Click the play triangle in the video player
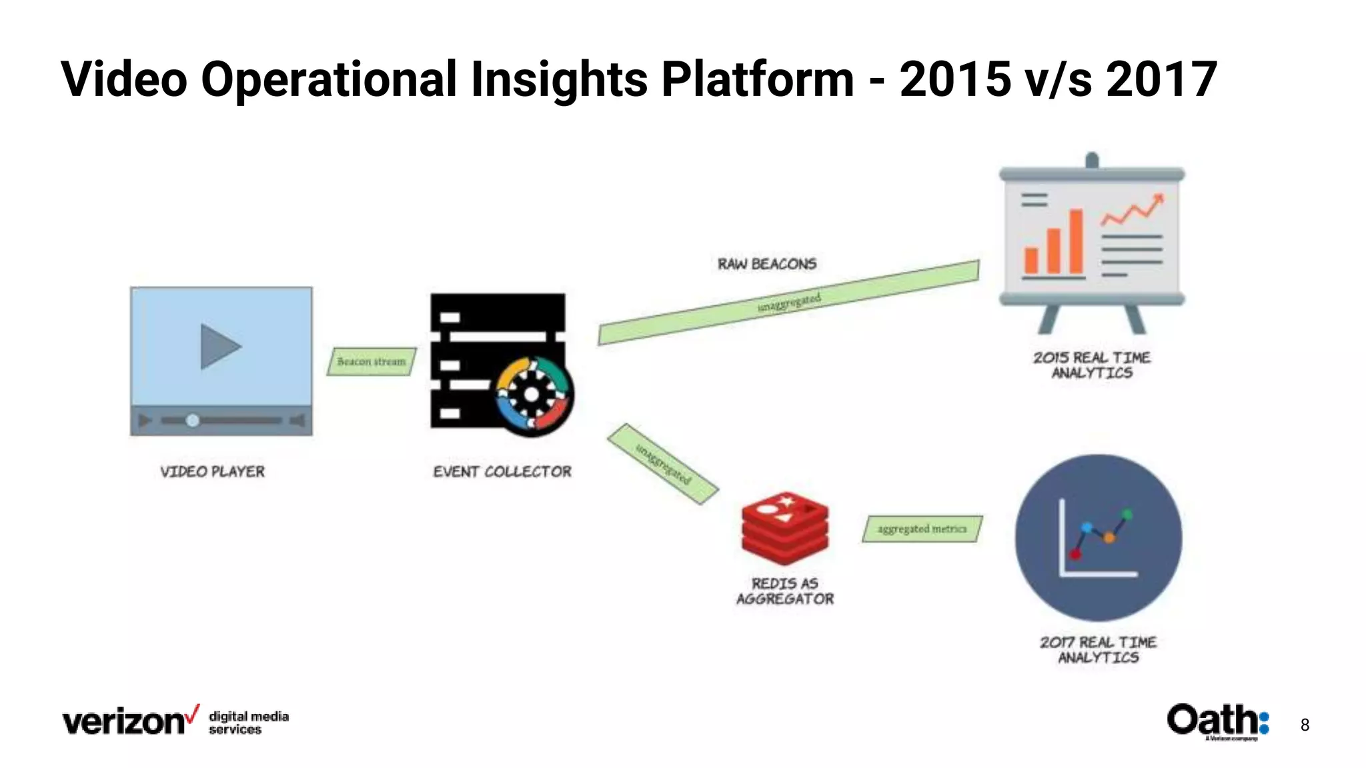point(219,347)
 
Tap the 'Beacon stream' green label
point(372,361)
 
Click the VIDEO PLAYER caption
point(212,472)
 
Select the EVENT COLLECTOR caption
point(502,472)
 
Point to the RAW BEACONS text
point(766,264)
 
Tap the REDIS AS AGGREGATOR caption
point(784,591)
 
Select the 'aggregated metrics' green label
point(922,529)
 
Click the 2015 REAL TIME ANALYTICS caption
point(1091,365)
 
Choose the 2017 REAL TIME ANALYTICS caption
point(1098,650)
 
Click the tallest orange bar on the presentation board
point(1075,241)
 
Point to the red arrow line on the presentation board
point(1132,211)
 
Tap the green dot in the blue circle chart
point(1127,514)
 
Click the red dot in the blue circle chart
point(1075,554)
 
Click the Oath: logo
point(1217,721)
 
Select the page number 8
point(1305,725)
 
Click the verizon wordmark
point(125,722)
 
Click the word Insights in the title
point(559,79)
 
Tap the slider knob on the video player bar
point(192,421)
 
